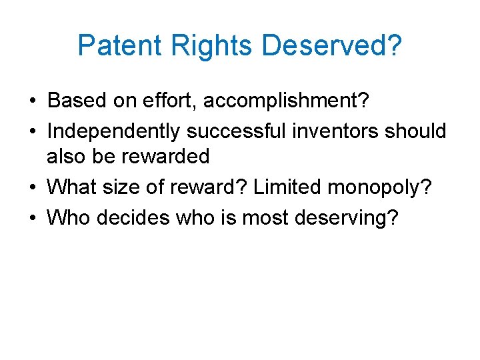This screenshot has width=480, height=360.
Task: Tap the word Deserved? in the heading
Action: pyautogui.click(x=331, y=45)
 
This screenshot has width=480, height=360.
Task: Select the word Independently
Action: pyautogui.click(x=114, y=131)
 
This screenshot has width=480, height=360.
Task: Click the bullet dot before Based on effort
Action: pyautogui.click(x=32, y=101)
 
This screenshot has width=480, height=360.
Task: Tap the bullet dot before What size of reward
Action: pyautogui.click(x=32, y=187)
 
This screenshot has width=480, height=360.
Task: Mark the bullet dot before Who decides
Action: pyautogui.click(x=32, y=217)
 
